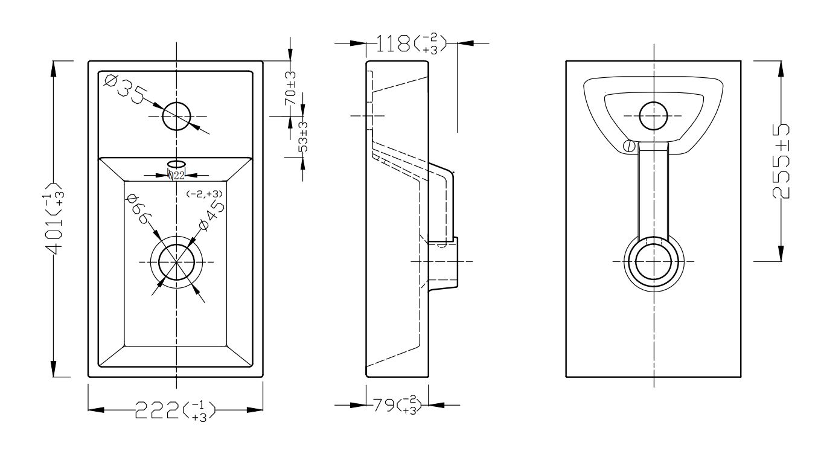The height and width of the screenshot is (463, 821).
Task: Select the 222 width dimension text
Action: pos(175,411)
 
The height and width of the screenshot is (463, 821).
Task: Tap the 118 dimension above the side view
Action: pos(411,44)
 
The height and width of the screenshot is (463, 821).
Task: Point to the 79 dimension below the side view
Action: pos(397,404)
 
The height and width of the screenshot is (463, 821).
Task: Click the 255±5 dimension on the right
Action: pos(781,162)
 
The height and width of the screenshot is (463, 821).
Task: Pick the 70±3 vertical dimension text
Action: pos(290,88)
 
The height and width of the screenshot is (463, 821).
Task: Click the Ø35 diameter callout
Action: pos(124,89)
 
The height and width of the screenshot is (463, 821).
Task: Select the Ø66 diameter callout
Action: pos(138,209)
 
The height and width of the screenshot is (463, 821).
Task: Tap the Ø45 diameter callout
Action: pos(211,216)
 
